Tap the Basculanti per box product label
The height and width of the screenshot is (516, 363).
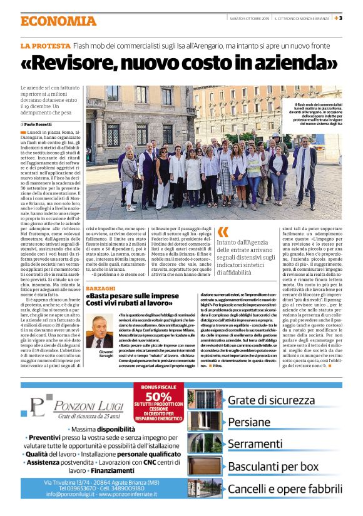(x=273, y=466)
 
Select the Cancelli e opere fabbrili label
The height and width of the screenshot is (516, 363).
(x=281, y=488)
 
